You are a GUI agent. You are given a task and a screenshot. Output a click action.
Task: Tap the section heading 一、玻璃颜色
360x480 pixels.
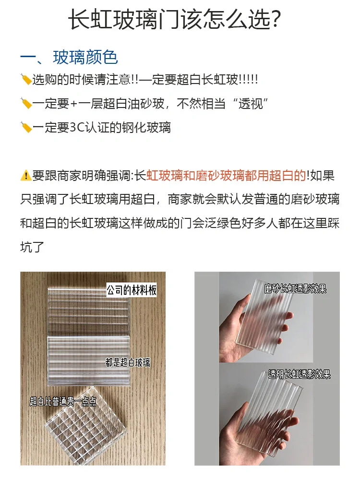[x=69, y=58]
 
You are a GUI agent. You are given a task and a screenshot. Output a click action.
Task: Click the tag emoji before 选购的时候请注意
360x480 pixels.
[x=26, y=79]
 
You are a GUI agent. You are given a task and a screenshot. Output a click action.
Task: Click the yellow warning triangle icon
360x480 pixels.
[x=26, y=176]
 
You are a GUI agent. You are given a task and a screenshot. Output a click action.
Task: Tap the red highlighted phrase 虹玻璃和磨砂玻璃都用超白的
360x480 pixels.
[x=226, y=176]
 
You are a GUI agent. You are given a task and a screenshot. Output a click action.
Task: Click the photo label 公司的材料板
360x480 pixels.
[x=132, y=290]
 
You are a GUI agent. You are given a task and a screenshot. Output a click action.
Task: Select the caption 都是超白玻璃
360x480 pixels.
[x=127, y=362]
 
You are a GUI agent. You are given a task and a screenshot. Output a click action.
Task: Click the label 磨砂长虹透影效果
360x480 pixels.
[x=295, y=289]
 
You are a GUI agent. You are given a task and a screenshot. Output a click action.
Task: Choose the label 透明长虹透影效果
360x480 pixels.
[x=300, y=374]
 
